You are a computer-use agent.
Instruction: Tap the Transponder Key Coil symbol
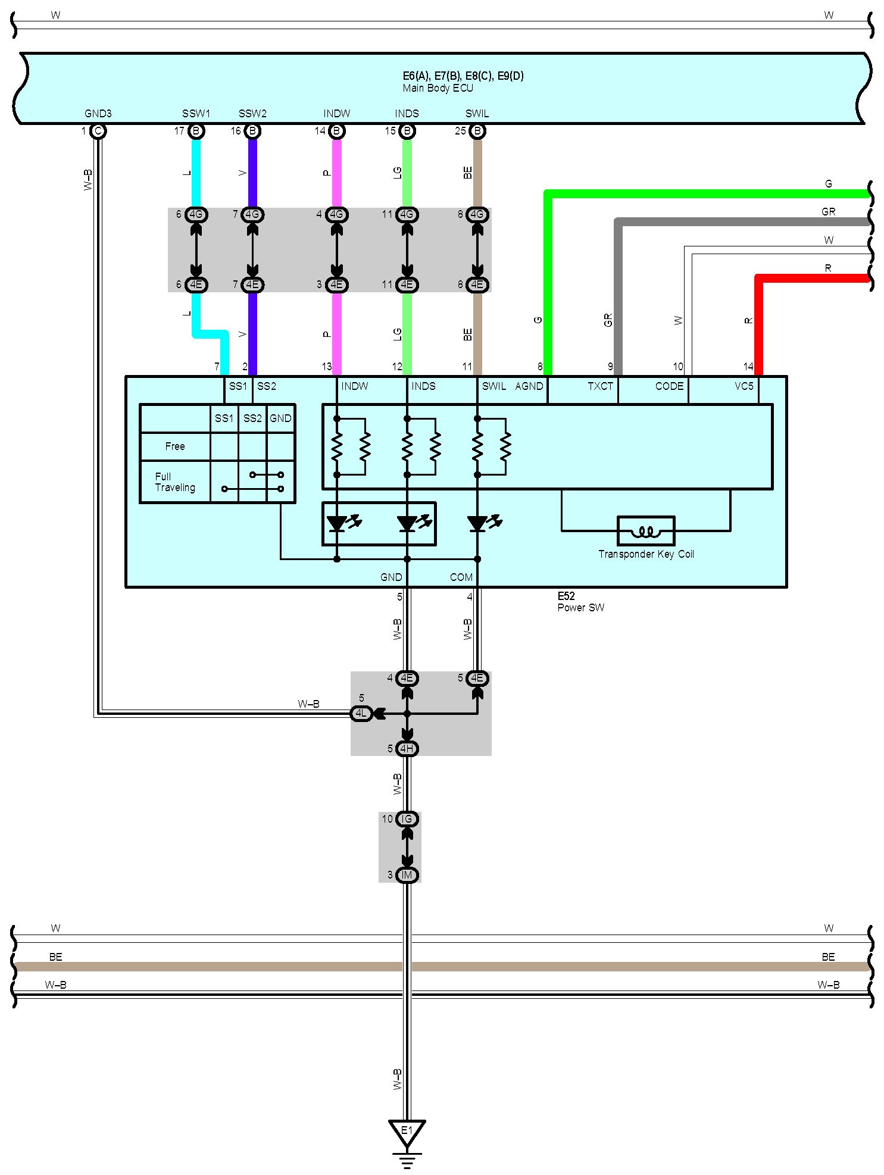tap(646, 531)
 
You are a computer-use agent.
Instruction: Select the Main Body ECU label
tap(438, 88)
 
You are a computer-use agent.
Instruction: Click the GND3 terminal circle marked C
tap(98, 131)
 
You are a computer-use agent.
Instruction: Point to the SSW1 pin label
tap(196, 113)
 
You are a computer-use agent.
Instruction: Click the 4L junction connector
tap(361, 713)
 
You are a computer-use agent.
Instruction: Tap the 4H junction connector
tap(407, 748)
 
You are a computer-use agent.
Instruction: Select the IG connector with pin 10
tap(407, 819)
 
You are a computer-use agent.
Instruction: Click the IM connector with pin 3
tap(407, 875)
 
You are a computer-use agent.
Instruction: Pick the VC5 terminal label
tap(744, 386)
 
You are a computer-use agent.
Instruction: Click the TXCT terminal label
tap(600, 386)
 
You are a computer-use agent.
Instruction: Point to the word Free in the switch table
tap(175, 446)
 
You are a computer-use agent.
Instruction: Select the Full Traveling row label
tap(175, 482)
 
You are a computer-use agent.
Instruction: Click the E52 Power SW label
tap(581, 602)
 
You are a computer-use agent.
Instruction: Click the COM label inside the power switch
tap(461, 577)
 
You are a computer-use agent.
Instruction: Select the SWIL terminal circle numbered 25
tap(477, 131)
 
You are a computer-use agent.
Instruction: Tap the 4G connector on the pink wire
tap(337, 214)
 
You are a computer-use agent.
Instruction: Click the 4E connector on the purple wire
tap(252, 285)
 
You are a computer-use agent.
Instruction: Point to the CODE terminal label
tap(669, 386)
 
